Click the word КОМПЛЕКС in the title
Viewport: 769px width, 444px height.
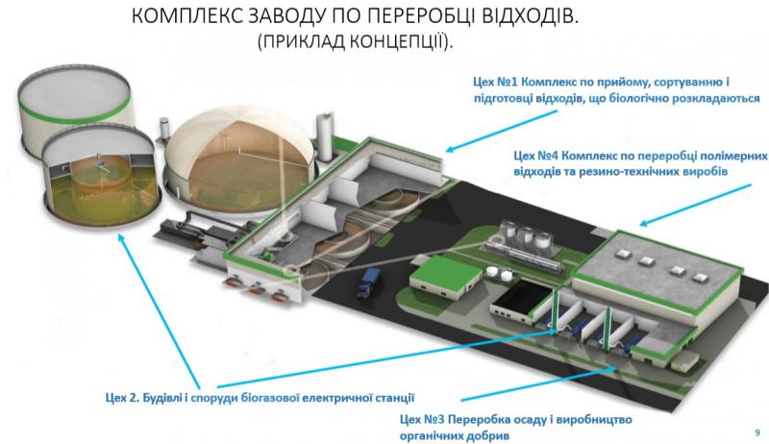[x=186, y=15]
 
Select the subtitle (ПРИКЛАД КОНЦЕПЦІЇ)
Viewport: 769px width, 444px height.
[x=356, y=41]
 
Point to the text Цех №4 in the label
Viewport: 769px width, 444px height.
[x=535, y=156]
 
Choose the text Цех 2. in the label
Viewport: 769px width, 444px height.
[x=123, y=398]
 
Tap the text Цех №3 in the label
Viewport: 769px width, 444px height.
[x=422, y=420]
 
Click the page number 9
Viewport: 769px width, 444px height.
[x=757, y=432]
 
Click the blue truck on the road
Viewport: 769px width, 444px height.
[x=367, y=284]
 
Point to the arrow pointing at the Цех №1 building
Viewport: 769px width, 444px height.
[x=501, y=131]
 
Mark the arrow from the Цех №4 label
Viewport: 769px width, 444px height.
[x=695, y=206]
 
